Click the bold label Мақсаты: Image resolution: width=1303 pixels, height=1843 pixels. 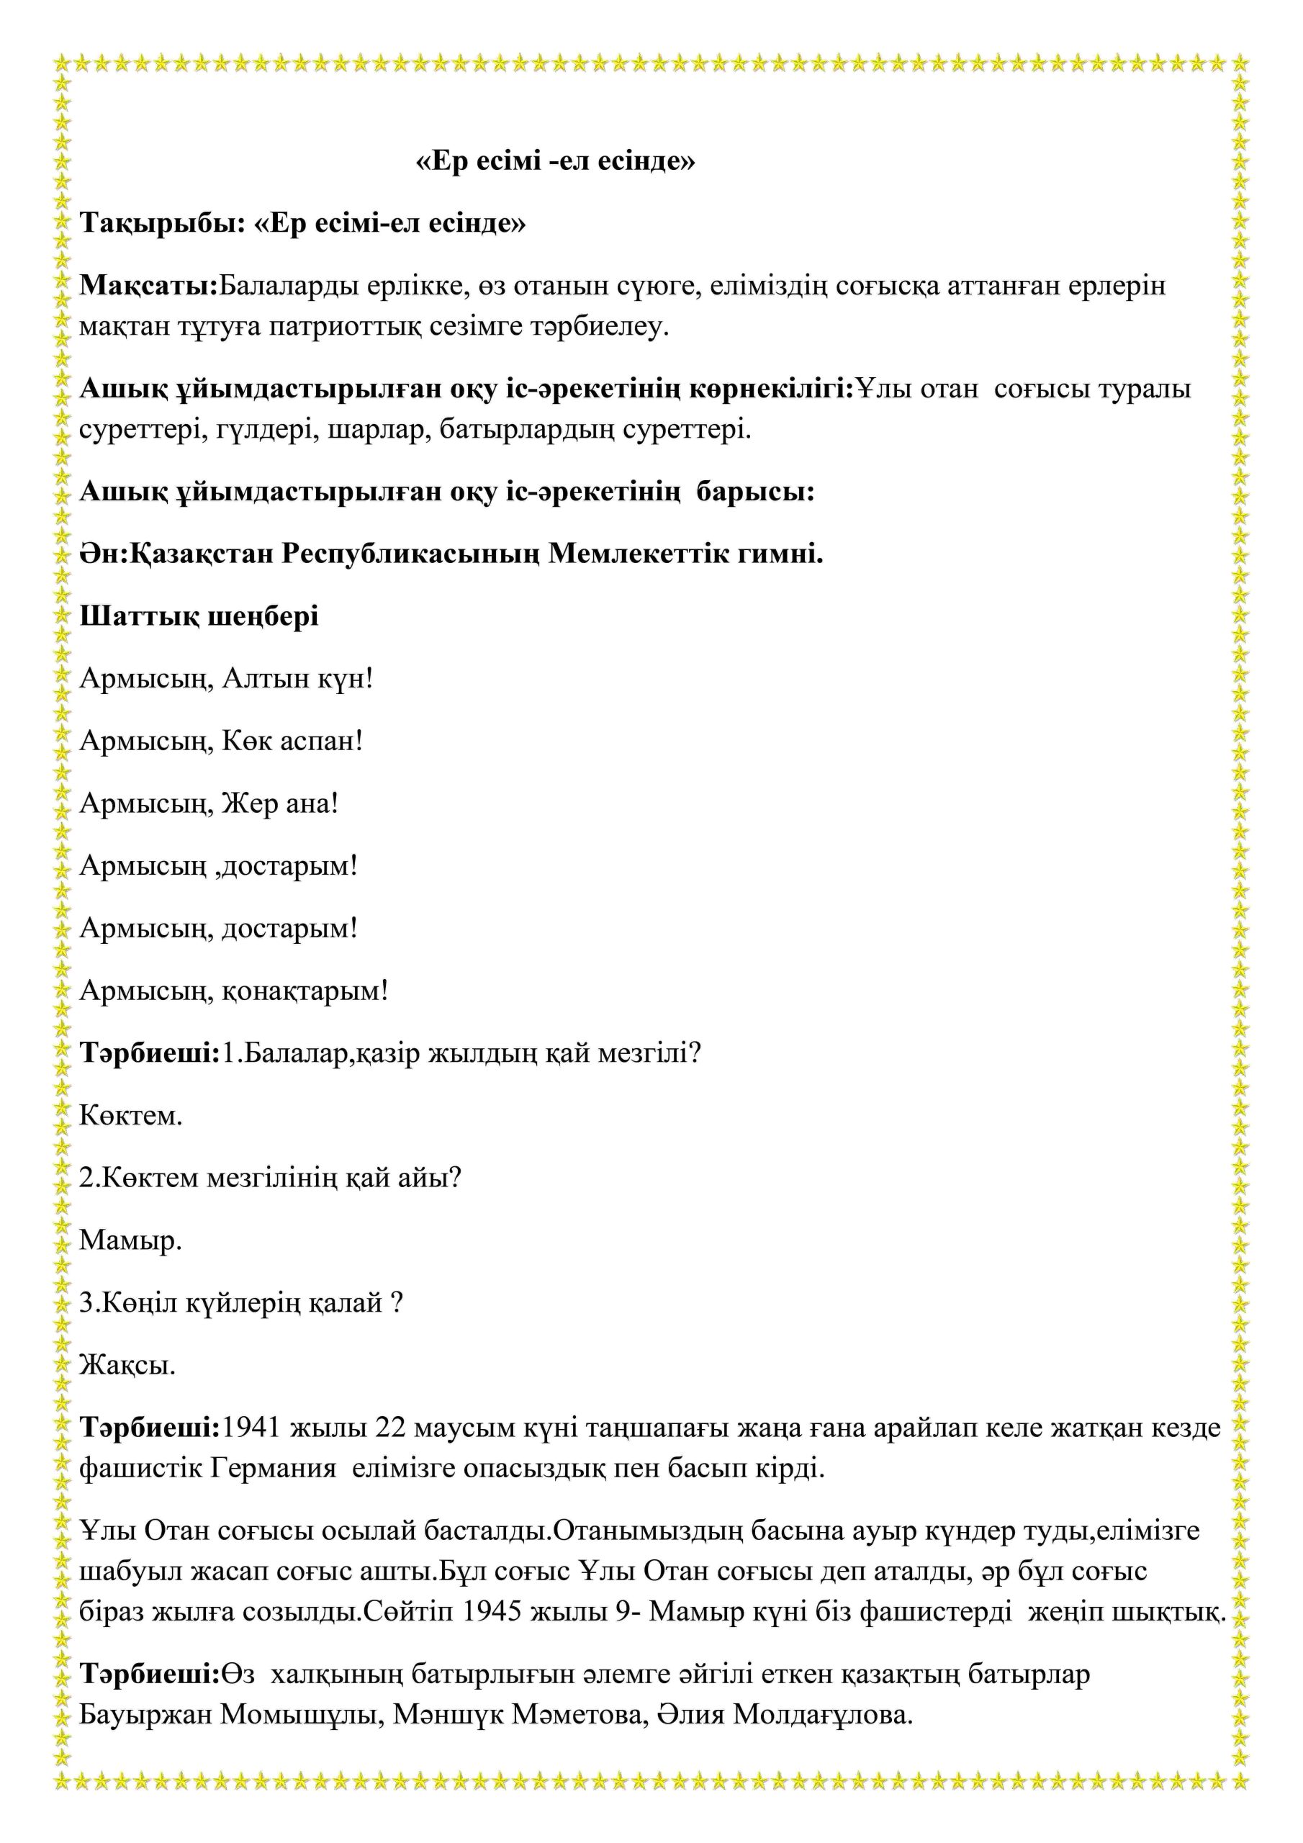pyautogui.click(x=148, y=286)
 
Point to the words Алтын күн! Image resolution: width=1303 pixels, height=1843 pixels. pyautogui.click(x=297, y=679)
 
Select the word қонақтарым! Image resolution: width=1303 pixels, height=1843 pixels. pyautogui.click(x=305, y=991)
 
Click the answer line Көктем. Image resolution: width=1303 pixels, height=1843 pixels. pyautogui.click(x=131, y=1116)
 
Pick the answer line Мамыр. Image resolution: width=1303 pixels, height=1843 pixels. pyautogui.click(x=131, y=1240)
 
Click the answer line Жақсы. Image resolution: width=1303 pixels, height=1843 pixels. pyautogui.click(x=127, y=1366)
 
